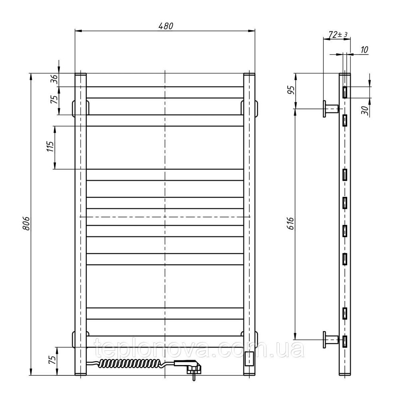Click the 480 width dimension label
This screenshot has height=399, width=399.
(166, 26)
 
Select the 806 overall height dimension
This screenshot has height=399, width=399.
(26, 224)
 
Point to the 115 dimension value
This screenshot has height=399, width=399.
(50, 147)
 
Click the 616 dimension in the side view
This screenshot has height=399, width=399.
(290, 223)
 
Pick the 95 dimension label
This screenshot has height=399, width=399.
(290, 90)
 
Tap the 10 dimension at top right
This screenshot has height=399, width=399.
(364, 49)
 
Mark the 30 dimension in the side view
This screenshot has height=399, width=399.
(365, 110)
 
